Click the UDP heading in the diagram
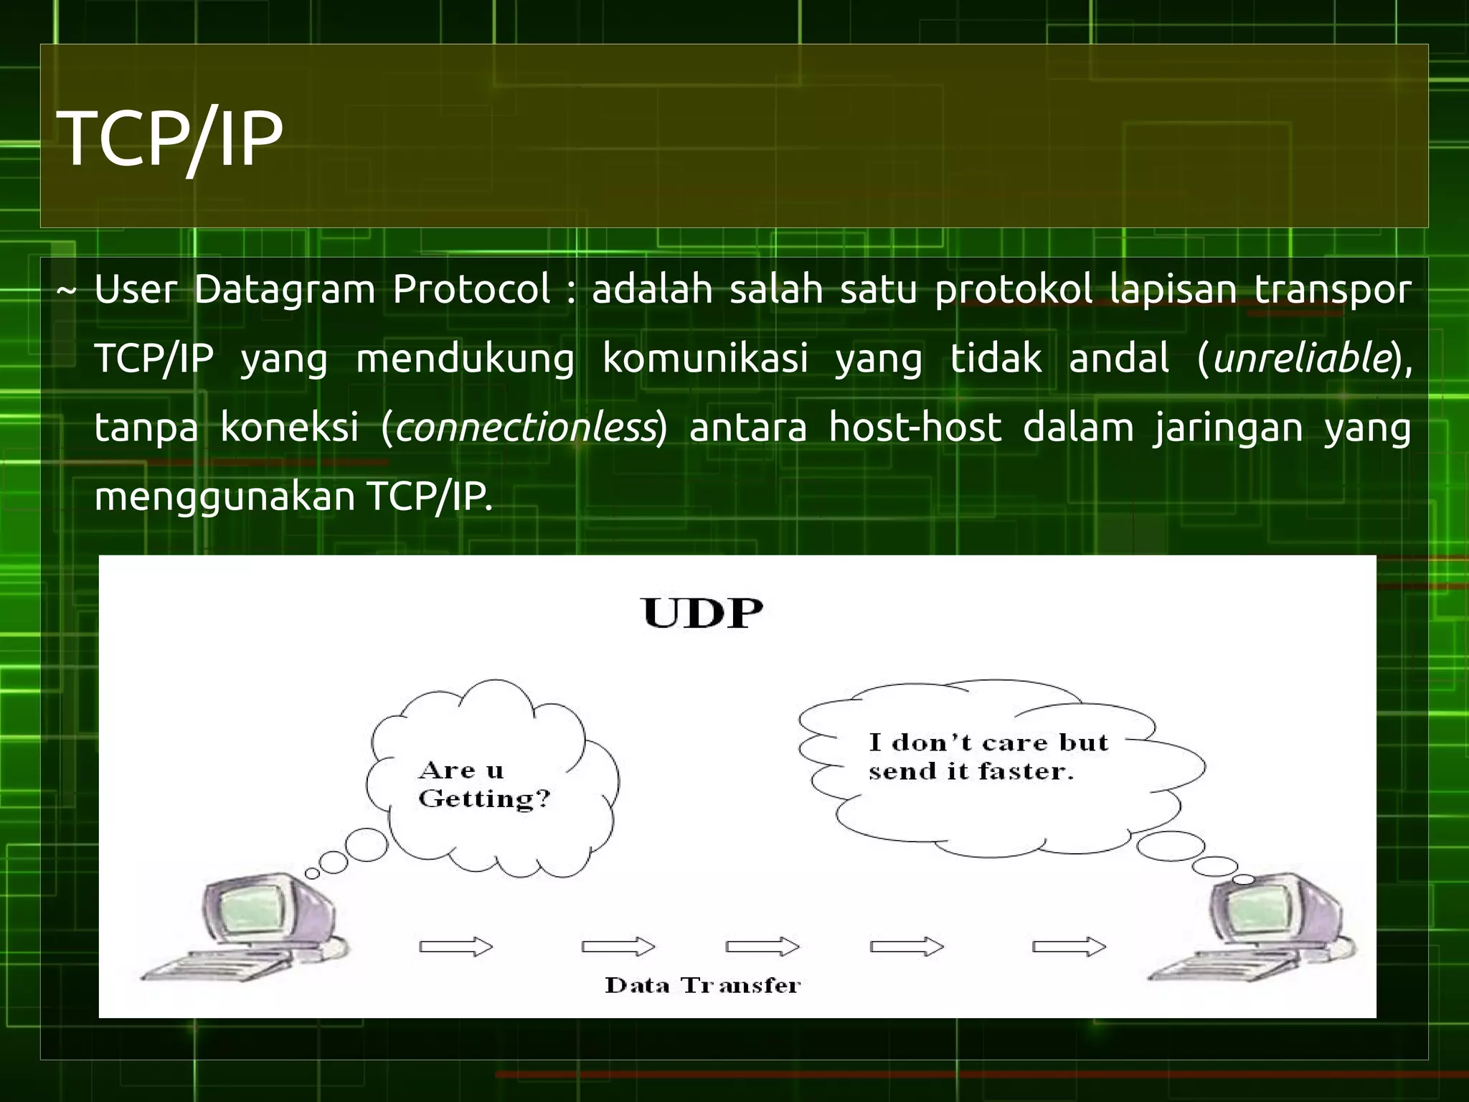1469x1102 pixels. point(702,614)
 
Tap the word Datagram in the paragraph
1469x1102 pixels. point(284,290)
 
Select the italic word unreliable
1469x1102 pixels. point(1302,359)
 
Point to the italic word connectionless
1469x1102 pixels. point(525,428)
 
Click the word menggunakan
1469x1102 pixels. point(225,496)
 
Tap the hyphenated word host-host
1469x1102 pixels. point(915,428)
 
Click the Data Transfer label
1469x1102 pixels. point(702,985)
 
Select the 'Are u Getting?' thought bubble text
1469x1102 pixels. point(483,784)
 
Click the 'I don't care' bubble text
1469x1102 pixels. point(988,756)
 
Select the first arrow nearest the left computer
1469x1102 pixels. point(456,947)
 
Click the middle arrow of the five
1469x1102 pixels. point(762,947)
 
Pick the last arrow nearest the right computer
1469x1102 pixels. point(1069,947)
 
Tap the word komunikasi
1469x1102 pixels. point(705,359)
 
